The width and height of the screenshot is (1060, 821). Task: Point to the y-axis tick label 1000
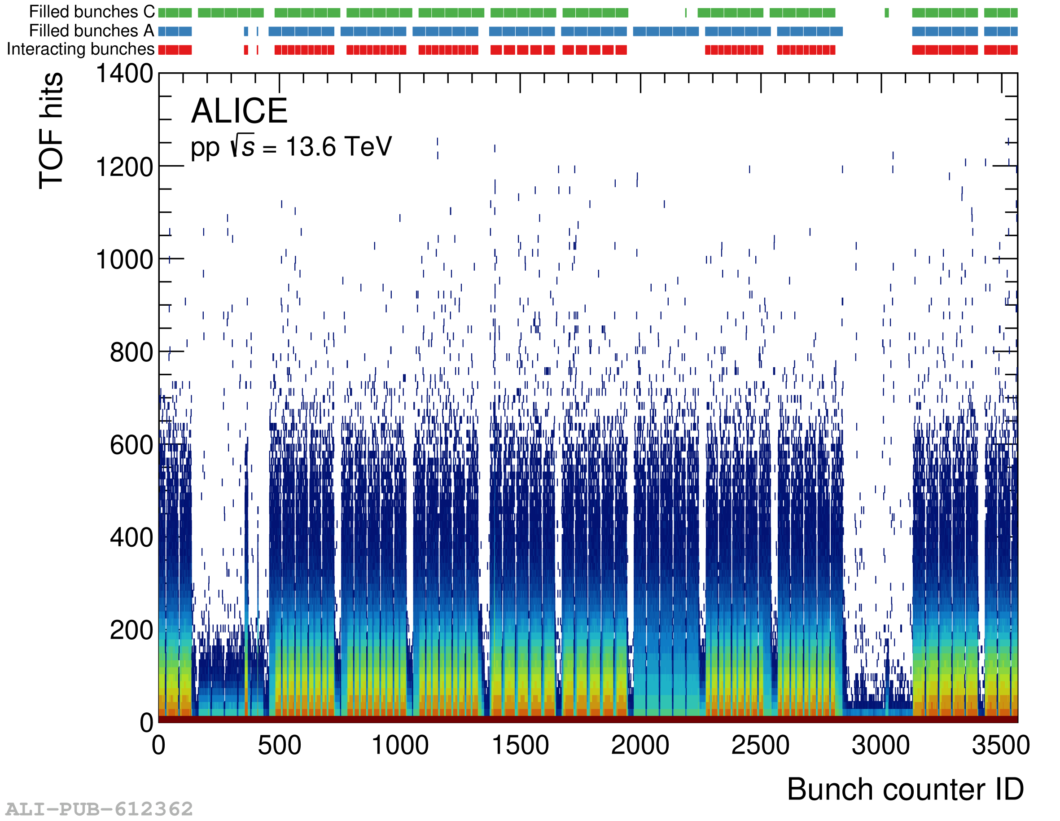pos(125,260)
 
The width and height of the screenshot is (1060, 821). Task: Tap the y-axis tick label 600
pos(131,445)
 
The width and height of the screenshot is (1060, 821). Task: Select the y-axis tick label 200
pos(131,631)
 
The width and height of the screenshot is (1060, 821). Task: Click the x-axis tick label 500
pos(279,745)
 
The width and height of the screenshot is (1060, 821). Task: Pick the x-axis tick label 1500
pos(520,745)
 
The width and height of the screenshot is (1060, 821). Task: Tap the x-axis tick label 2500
pos(760,745)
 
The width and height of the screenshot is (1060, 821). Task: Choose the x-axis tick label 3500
pos(1001,745)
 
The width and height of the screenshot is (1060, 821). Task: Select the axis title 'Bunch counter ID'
pos(905,790)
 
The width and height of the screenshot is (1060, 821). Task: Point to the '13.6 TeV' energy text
pos(339,147)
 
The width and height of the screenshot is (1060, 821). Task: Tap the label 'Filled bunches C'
pos(92,12)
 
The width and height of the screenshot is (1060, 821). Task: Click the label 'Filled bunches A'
pos(92,31)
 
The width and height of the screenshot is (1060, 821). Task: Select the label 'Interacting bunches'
pos(81,49)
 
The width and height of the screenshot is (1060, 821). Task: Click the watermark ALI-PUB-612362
pos(99,809)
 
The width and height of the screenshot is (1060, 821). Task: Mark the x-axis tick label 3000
pos(880,745)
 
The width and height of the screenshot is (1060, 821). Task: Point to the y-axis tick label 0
pos(147,723)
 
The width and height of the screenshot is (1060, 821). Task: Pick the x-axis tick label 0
pos(159,745)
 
